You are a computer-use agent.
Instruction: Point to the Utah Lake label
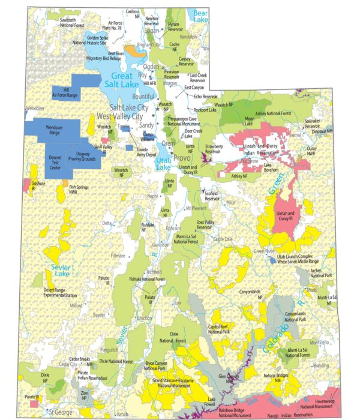(163, 163)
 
